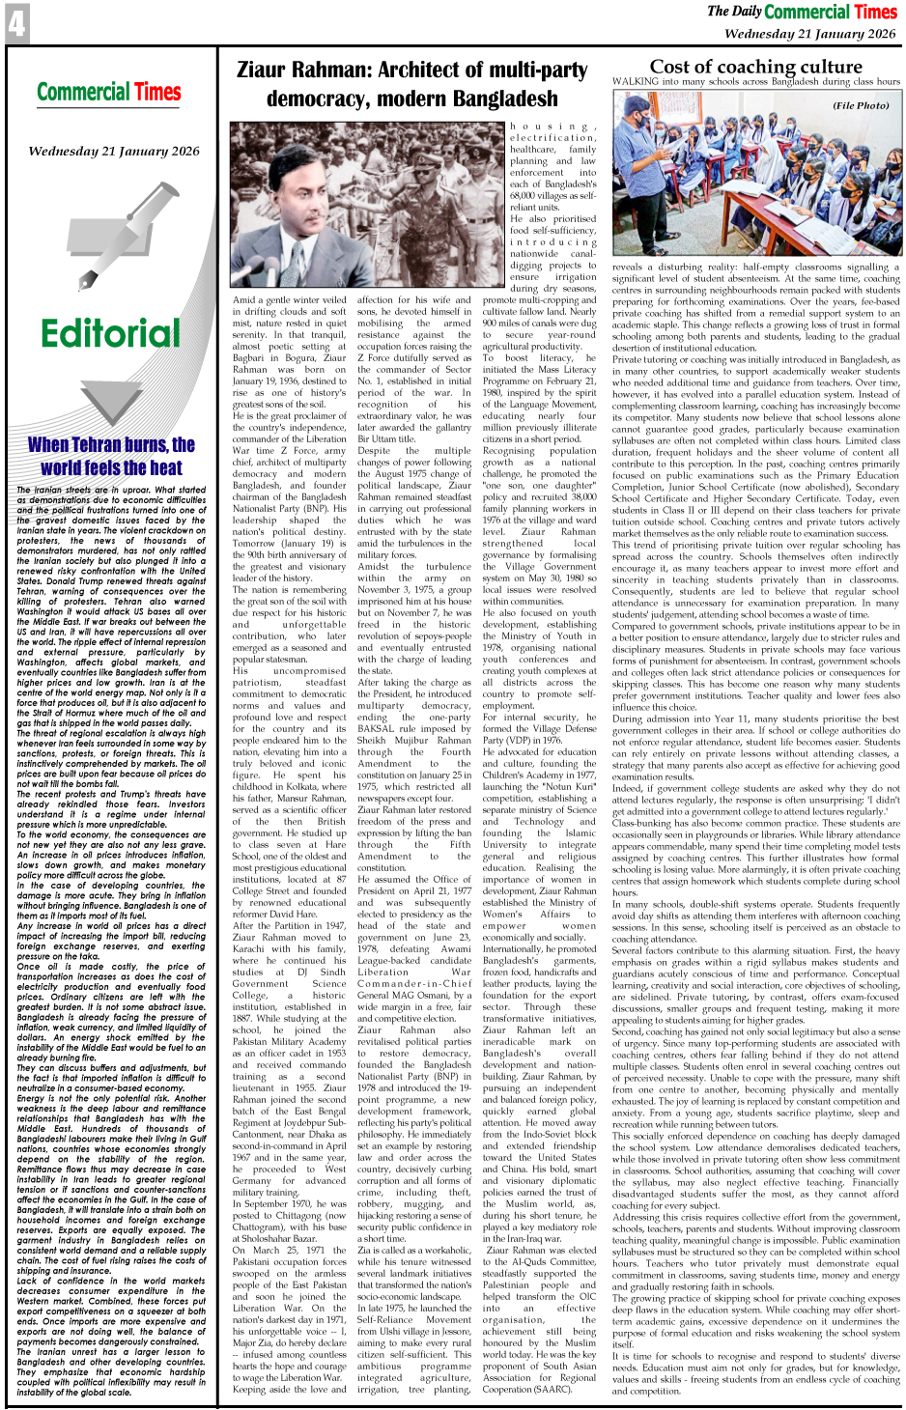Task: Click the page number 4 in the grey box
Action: pyautogui.click(x=16, y=23)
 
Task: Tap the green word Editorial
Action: pyautogui.click(x=110, y=333)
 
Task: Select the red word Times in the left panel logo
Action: pyautogui.click(x=157, y=93)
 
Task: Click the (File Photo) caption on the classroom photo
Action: pyautogui.click(x=861, y=105)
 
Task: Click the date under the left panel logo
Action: pyautogui.click(x=113, y=151)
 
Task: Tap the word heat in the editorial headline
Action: pyautogui.click(x=165, y=467)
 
